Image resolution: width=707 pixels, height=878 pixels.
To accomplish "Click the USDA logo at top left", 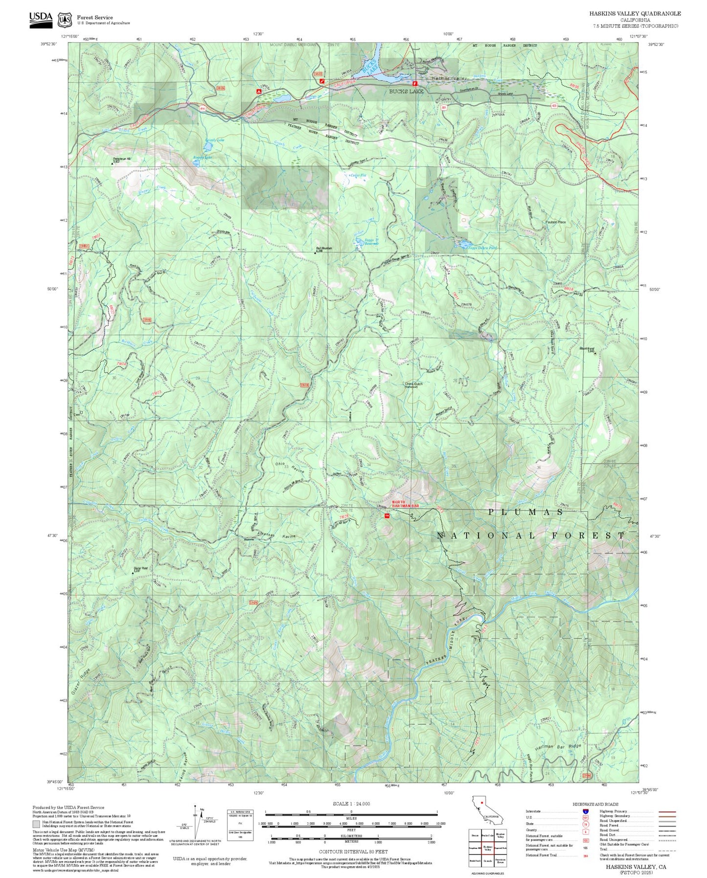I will click(x=41, y=20).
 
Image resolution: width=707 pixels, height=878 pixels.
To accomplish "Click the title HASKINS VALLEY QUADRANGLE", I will click(x=635, y=14).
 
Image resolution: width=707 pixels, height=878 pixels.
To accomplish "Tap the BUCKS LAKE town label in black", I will click(x=406, y=92).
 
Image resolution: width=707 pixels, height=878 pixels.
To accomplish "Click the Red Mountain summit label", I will click(x=323, y=249).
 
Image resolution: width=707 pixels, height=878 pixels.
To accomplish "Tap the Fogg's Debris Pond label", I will click(x=482, y=248).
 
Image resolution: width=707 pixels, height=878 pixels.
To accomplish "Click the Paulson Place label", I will click(x=555, y=222).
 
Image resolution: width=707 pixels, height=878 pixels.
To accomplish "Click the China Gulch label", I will click(x=413, y=384).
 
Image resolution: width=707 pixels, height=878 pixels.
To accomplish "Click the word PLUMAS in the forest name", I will click(x=525, y=512).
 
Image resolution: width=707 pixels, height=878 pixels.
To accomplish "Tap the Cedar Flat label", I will click(x=358, y=175).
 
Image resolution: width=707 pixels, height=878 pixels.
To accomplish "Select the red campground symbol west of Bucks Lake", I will click(x=258, y=91).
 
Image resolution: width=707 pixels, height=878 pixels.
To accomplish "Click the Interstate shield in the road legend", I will click(x=585, y=811).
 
